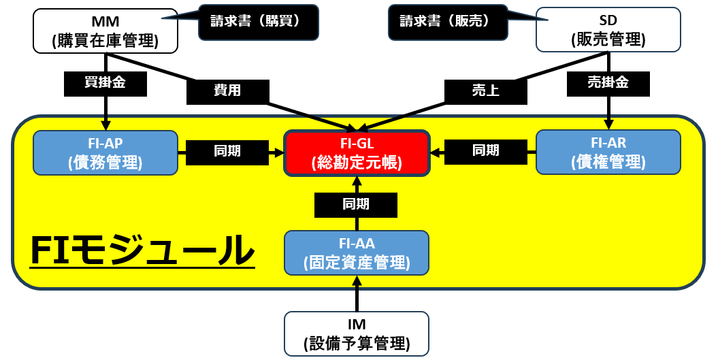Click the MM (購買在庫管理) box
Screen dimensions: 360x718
point(105,31)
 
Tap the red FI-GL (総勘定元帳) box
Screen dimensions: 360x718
point(357,152)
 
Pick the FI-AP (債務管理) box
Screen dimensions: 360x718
point(105,152)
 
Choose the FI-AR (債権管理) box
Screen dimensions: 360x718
point(608,152)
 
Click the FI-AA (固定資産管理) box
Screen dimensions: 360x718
point(357,252)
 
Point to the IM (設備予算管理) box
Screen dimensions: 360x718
point(357,333)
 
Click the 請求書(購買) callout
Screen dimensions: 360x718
point(258,21)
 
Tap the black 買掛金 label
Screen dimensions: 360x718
point(105,83)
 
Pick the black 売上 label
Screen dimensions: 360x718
point(485,91)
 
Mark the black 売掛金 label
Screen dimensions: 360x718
point(608,83)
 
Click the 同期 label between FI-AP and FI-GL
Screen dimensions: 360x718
point(227,152)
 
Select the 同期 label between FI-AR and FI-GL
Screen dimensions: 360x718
point(485,152)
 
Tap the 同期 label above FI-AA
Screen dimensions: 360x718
point(356,203)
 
